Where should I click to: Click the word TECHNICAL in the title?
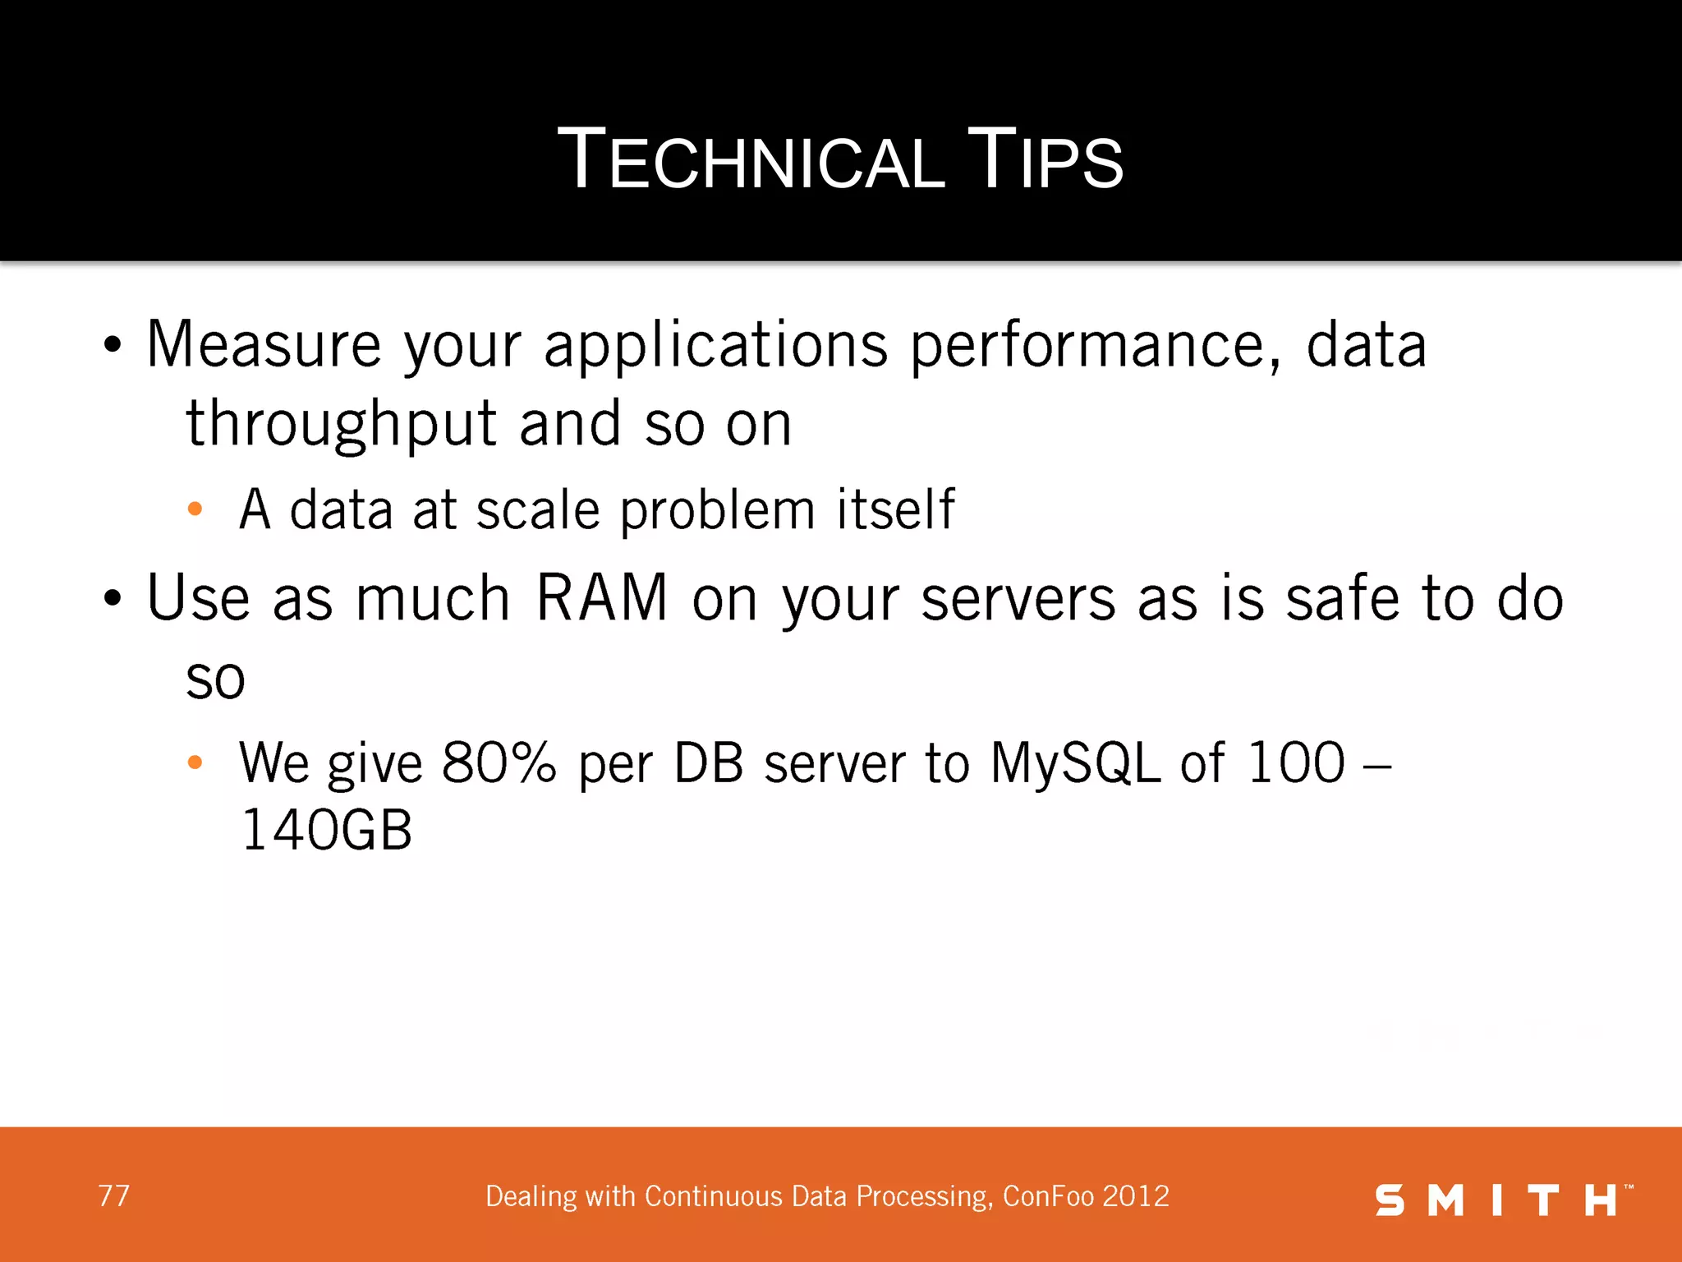pyautogui.click(x=751, y=160)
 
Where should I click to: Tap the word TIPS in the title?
pyautogui.click(x=1045, y=160)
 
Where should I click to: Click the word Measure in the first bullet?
pyautogui.click(x=264, y=345)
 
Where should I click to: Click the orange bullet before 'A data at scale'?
pyautogui.click(x=195, y=509)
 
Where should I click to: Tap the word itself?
pyautogui.click(x=895, y=509)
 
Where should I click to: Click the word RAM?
pyautogui.click(x=601, y=598)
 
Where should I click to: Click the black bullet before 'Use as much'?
pyautogui.click(x=113, y=599)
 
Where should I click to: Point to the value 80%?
pyautogui.click(x=499, y=762)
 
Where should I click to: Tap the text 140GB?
pyautogui.click(x=326, y=830)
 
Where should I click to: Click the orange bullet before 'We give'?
pyautogui.click(x=195, y=762)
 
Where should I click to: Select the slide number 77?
pyautogui.click(x=113, y=1196)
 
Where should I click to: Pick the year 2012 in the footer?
pyautogui.click(x=1136, y=1196)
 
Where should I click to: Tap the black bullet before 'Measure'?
pyautogui.click(x=113, y=345)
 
